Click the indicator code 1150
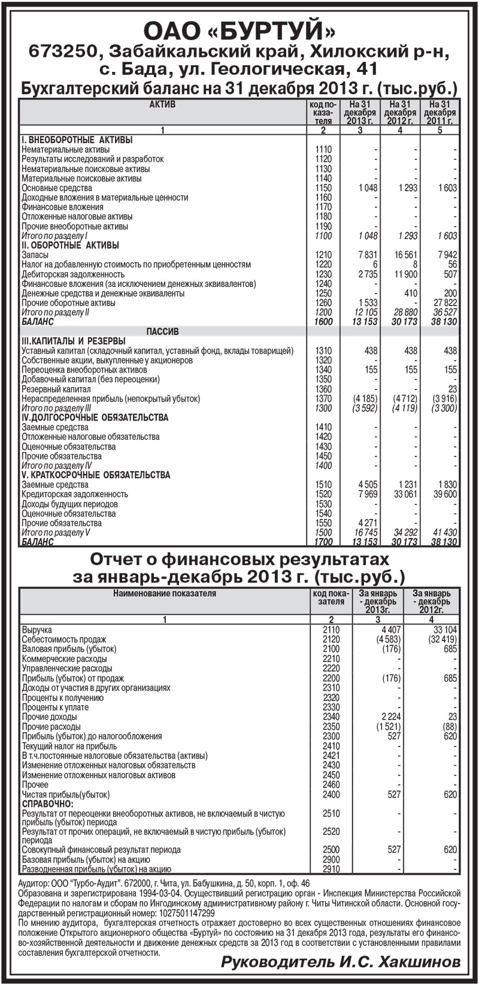coord(323,188)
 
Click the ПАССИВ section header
coord(162,331)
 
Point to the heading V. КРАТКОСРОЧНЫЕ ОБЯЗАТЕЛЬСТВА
coord(96,475)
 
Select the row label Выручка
coord(37,630)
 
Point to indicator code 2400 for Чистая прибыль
coord(331,794)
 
